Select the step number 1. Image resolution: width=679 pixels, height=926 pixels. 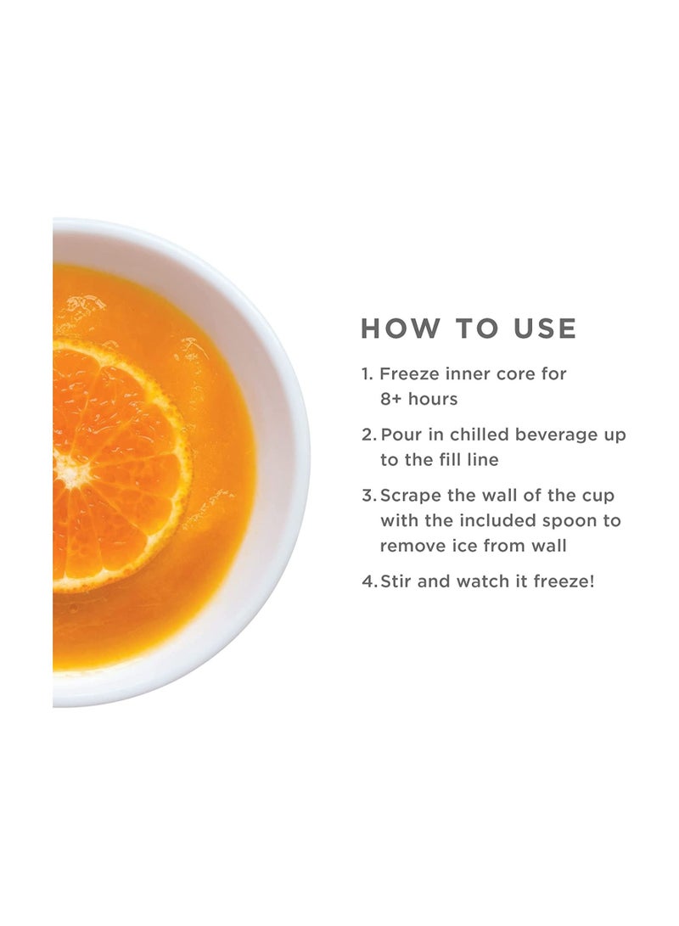367,374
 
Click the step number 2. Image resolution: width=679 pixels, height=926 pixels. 368,435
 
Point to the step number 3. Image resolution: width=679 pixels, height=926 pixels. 368,497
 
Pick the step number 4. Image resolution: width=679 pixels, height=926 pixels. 368,582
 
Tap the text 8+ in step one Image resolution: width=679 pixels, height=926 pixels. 393,399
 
